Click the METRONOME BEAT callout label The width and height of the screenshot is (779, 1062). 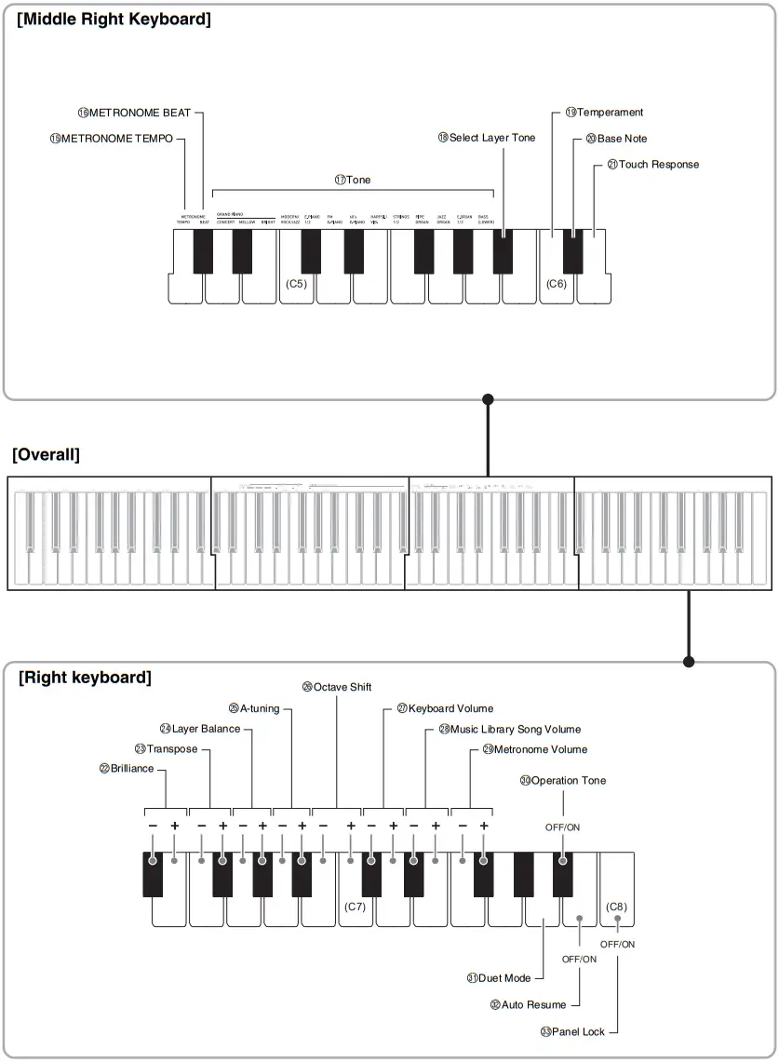134,113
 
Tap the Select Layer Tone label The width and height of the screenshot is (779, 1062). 487,138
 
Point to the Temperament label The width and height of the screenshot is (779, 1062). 604,113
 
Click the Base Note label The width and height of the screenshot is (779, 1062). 616,139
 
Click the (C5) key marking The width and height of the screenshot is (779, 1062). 296,284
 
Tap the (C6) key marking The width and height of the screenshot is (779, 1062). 557,284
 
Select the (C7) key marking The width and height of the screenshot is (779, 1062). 355,906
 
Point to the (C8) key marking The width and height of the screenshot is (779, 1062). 616,906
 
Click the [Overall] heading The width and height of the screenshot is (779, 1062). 46,455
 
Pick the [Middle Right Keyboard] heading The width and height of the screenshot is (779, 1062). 114,19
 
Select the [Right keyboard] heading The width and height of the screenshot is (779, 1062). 85,678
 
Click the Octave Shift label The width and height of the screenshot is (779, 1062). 337,687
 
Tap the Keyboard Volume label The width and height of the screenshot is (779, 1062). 445,709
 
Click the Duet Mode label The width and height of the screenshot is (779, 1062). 499,978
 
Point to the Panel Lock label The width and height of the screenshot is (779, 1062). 572,1031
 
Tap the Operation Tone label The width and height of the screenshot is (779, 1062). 563,781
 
